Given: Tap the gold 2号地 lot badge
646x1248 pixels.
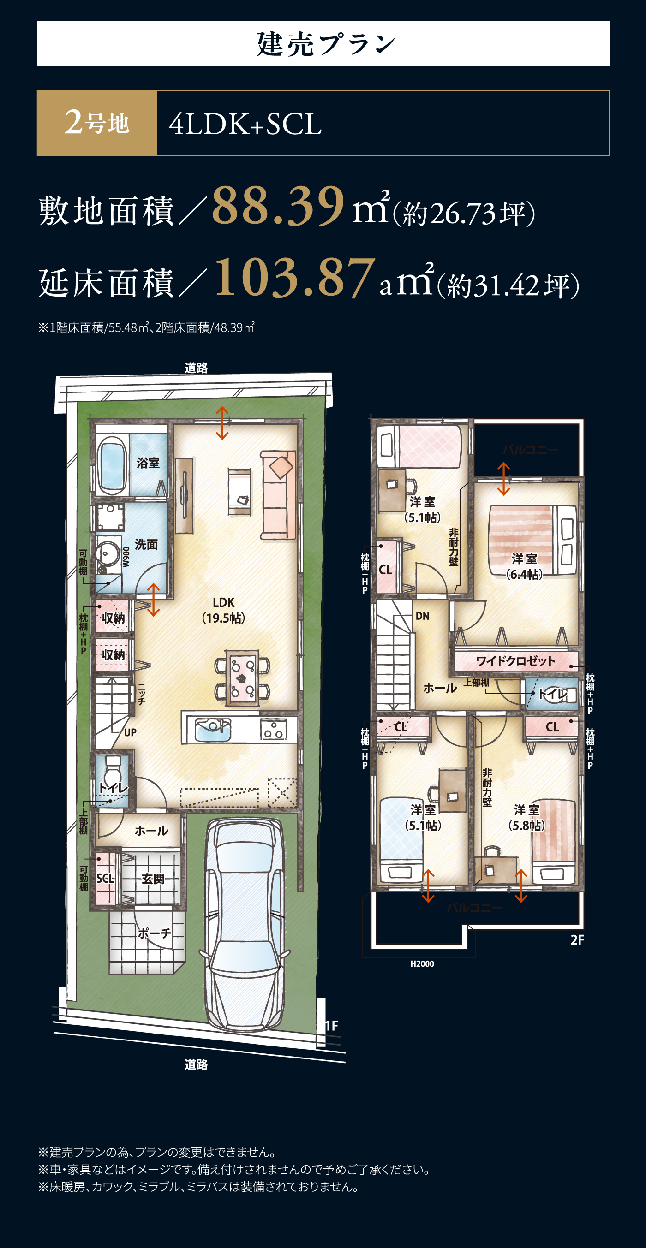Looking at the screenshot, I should point(97,123).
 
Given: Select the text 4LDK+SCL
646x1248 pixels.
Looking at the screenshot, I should point(245,124).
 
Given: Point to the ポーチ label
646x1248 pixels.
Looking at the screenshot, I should point(154,933).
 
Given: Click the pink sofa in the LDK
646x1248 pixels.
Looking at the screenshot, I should point(278,495).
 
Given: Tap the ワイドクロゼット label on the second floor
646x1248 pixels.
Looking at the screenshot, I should point(515,661).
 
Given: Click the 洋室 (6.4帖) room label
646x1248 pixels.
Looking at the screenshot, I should point(524,566).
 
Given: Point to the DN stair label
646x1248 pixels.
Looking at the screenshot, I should point(422,616).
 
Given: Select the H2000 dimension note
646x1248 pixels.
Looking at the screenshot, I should point(422,963).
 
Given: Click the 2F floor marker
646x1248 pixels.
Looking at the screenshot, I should point(577,940).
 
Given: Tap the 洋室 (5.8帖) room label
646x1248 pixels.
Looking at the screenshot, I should point(526,817).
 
